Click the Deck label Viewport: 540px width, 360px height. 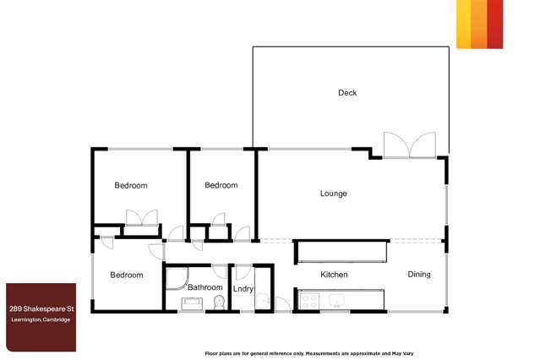tap(347, 93)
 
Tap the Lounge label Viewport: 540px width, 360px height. tap(333, 194)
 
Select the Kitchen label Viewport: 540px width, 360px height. tap(334, 275)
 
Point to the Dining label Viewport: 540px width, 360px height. tap(419, 275)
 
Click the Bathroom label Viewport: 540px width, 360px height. tap(205, 287)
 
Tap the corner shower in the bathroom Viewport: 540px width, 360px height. tap(175, 279)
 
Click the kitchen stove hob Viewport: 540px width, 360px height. tap(309, 300)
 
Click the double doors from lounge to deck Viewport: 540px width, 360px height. tap(410, 145)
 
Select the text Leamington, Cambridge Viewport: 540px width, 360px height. tap(41, 319)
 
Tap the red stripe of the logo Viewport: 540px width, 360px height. tap(495, 24)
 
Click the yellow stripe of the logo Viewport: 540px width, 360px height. tap(463, 24)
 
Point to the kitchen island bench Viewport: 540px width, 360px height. tap(341, 252)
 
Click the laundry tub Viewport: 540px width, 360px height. tap(263, 301)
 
